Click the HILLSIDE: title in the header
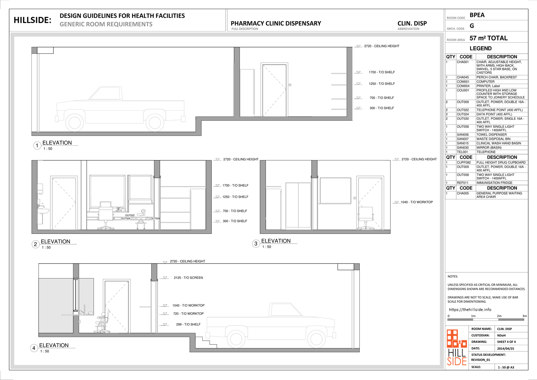[32, 20]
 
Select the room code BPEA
[477, 15]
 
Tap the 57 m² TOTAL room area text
[489, 38]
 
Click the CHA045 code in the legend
[463, 77]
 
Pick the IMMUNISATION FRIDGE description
[494, 183]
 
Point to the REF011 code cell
[463, 183]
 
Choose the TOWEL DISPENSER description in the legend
[491, 134]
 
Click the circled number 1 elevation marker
[37, 146]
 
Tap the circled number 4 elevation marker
[34, 348]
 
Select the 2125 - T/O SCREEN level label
[188, 277]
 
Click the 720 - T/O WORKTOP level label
[188, 314]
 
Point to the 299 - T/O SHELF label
[188, 325]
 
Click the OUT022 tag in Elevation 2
[130, 215]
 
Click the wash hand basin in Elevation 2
[43, 211]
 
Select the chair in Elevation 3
[365, 218]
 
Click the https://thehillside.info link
[470, 310]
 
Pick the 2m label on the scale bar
[499, 316]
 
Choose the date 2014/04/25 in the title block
[505, 349]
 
